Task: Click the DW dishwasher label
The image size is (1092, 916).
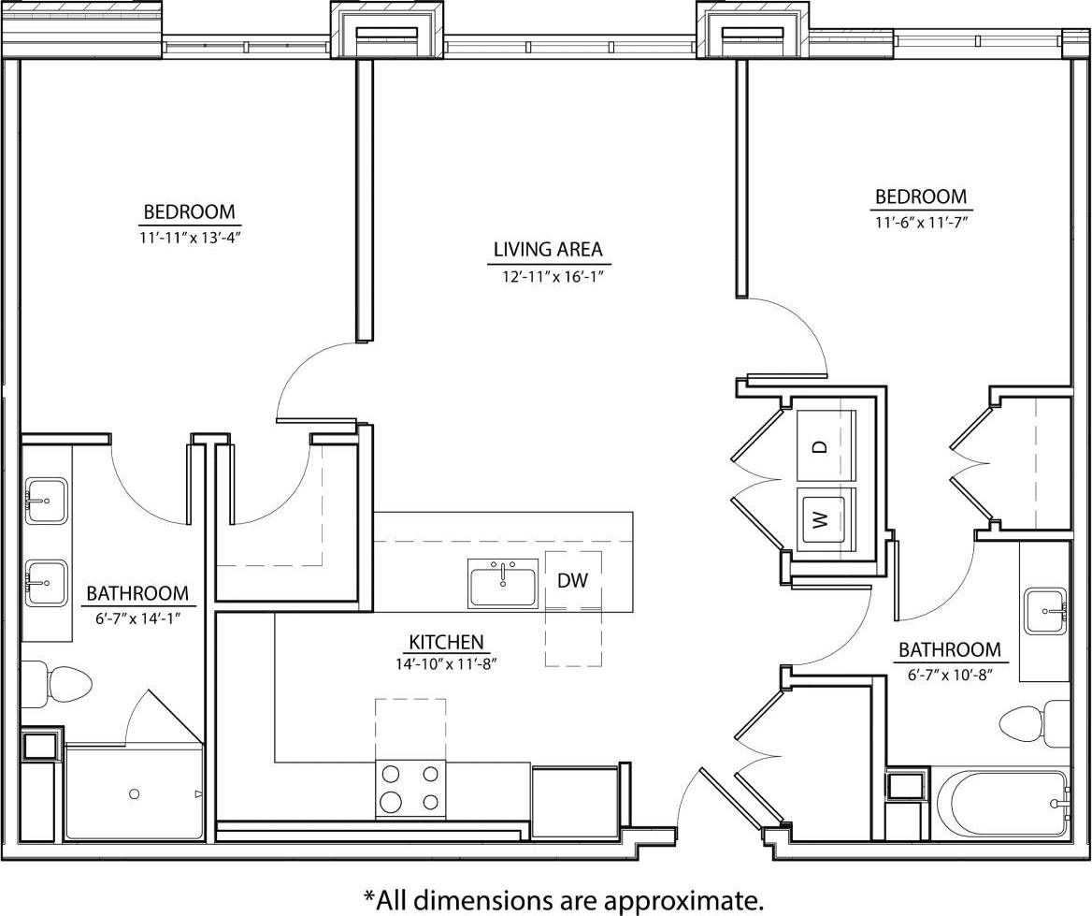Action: click(x=572, y=581)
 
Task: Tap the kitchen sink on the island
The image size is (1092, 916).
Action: click(x=503, y=584)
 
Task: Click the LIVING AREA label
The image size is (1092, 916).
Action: click(x=548, y=250)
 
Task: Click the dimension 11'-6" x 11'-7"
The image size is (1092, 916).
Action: click(x=921, y=222)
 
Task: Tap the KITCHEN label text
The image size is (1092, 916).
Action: click(x=446, y=642)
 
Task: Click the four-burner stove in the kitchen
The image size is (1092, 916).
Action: click(x=410, y=789)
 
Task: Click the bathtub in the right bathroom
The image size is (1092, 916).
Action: click(x=1000, y=803)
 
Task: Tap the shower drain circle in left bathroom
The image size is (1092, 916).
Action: click(x=135, y=793)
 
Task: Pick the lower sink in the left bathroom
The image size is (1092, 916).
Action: click(x=45, y=584)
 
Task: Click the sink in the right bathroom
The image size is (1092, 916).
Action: click(x=1045, y=611)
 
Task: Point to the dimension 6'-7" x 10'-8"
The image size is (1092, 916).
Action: click(x=949, y=674)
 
